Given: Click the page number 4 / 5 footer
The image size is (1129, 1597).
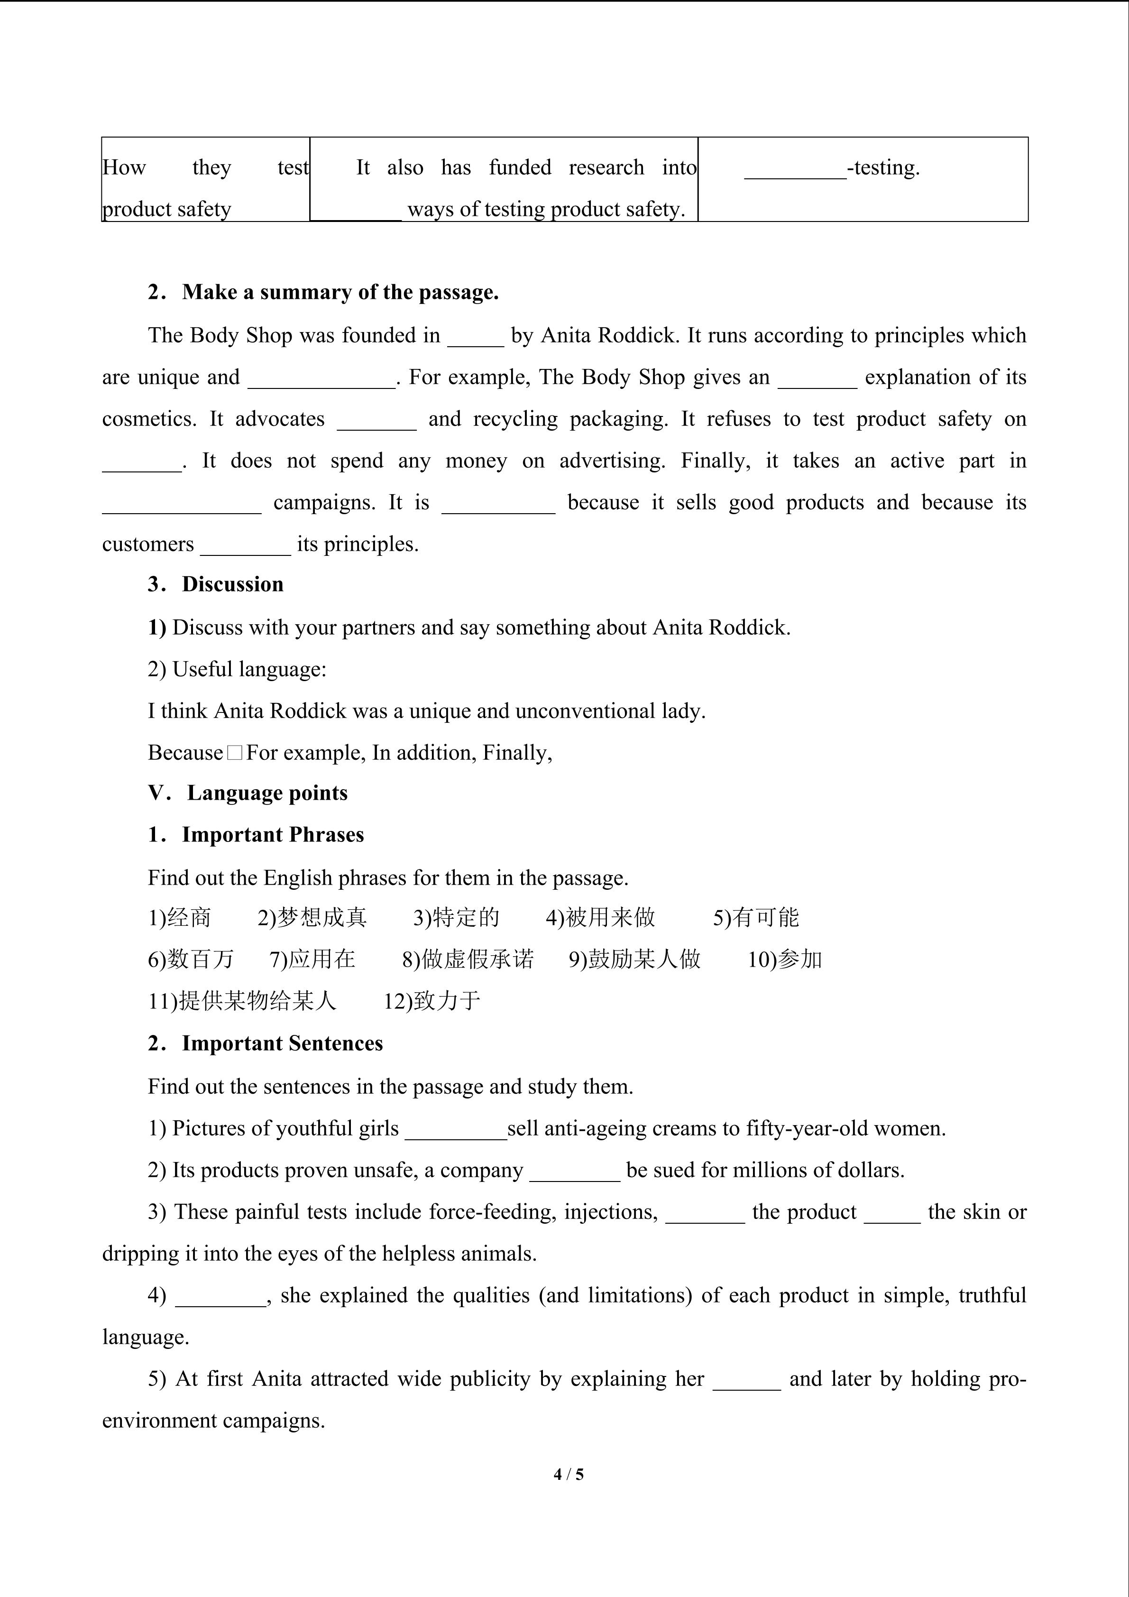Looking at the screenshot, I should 568,1473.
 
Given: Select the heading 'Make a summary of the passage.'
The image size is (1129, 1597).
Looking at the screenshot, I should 340,292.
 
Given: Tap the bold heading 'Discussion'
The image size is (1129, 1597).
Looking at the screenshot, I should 232,584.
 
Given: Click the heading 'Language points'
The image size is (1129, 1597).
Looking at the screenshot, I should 267,793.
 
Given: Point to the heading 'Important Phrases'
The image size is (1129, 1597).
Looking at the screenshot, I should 273,835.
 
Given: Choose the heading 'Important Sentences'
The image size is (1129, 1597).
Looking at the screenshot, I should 282,1043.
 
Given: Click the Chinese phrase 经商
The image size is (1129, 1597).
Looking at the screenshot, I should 189,918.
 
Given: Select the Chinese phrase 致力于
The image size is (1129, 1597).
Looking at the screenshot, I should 446,1002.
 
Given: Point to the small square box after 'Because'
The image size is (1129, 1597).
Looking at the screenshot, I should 234,753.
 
